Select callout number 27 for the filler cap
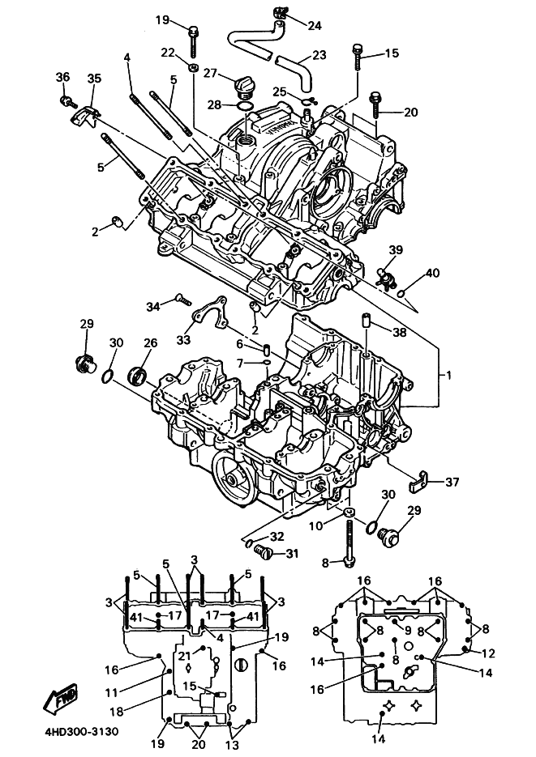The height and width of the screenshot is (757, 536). (210, 73)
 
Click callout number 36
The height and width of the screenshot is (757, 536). (62, 77)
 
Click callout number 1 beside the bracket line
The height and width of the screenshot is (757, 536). (448, 375)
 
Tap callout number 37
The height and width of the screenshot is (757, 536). (452, 482)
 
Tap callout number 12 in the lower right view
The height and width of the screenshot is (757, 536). (489, 653)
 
